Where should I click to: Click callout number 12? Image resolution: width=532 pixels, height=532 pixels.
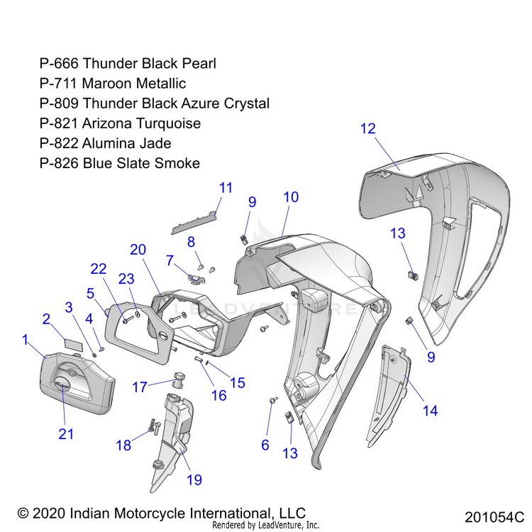(367, 129)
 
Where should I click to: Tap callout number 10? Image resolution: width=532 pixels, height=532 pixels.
(291, 197)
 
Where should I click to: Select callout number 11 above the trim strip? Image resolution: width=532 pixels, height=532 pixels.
(226, 188)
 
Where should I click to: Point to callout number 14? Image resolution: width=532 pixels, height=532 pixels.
(430, 410)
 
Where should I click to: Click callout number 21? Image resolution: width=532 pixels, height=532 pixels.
(66, 434)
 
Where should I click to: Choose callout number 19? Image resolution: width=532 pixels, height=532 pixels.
(194, 480)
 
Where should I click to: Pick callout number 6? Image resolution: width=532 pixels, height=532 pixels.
(265, 445)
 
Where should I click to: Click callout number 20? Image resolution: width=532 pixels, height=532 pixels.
(138, 250)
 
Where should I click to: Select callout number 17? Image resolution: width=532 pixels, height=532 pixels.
(139, 387)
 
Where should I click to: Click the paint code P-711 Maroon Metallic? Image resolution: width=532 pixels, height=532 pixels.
(113, 84)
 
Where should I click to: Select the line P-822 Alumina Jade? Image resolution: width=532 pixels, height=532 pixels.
(106, 143)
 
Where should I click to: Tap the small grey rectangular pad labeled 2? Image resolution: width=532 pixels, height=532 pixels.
(72, 342)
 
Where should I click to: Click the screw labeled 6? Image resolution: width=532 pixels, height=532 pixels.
(272, 401)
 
